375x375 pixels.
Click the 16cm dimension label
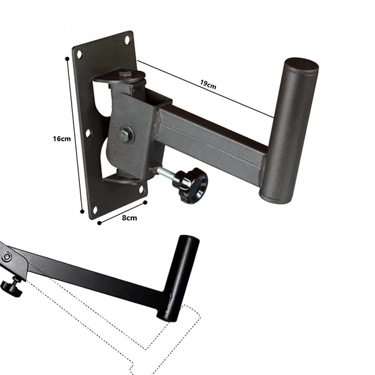(x=61, y=139)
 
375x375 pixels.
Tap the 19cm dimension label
(x=208, y=84)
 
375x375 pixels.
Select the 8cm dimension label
(x=129, y=218)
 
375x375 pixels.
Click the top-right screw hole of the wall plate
(x=127, y=40)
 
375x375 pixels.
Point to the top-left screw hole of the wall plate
(x=79, y=54)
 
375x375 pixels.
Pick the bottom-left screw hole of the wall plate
(x=95, y=210)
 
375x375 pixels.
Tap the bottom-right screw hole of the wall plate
(x=141, y=189)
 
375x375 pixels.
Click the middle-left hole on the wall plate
(x=88, y=133)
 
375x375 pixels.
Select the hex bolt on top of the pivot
(x=125, y=74)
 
